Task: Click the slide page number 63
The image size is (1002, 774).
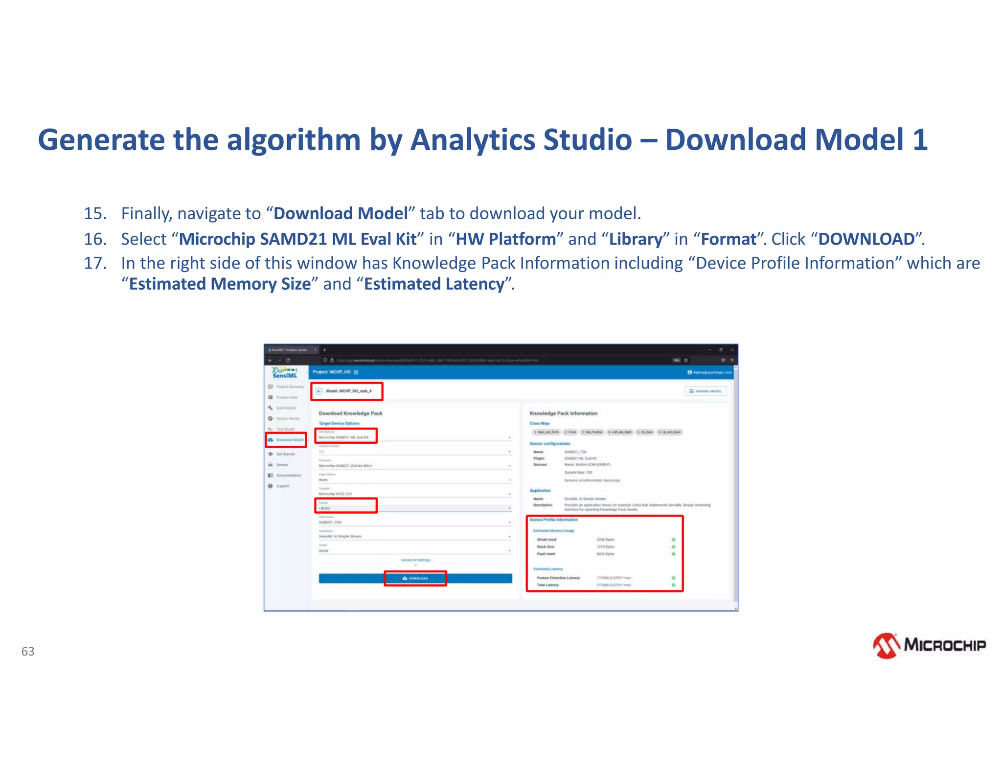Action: coord(28,651)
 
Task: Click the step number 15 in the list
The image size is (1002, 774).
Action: coord(95,213)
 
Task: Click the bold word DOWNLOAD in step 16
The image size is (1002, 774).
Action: coord(866,239)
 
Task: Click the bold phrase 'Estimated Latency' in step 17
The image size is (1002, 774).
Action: coord(434,284)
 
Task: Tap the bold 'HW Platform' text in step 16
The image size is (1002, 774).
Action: coord(506,239)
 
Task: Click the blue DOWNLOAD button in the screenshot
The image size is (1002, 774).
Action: coord(415,578)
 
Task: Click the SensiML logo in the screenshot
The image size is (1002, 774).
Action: coord(285,373)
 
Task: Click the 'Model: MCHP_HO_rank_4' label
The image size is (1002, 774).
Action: coord(348,391)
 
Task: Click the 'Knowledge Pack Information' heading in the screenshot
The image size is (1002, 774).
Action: coord(563,413)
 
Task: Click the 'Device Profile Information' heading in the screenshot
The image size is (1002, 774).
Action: coord(553,520)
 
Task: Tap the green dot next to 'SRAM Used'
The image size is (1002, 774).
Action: coord(673,540)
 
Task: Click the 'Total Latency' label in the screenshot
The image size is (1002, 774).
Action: coord(547,585)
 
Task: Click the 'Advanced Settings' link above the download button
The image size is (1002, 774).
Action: coord(415,560)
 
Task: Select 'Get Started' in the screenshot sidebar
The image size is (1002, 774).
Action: coord(285,454)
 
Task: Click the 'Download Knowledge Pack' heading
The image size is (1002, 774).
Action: coord(350,413)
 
